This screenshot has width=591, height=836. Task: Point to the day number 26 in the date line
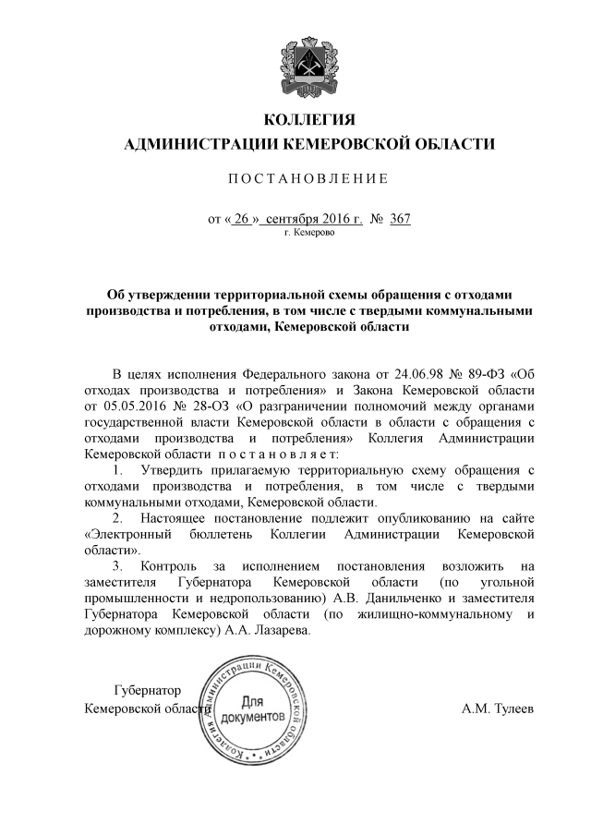pyautogui.click(x=242, y=220)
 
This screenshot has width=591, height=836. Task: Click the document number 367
pyautogui.click(x=400, y=220)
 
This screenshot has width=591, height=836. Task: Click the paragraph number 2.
pyautogui.click(x=117, y=518)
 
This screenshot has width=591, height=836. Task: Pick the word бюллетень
pyautogui.click(x=214, y=534)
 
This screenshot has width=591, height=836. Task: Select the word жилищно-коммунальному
pyautogui.click(x=427, y=615)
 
